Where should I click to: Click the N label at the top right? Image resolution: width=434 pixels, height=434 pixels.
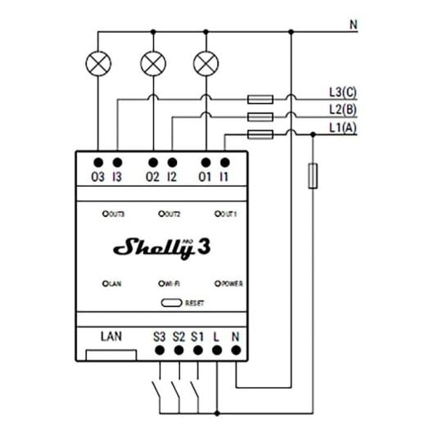pos(353,25)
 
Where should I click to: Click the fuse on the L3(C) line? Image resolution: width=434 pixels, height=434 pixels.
pos(260,100)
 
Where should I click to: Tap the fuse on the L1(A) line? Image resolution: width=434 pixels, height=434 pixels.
pos(260,134)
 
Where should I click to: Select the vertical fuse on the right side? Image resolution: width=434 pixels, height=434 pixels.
pos(312,176)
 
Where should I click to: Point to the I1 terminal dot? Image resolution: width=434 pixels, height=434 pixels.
pos(224,164)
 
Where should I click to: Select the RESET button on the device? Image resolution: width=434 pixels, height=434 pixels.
pos(171,301)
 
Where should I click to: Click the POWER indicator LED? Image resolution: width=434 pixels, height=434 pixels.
pos(217,283)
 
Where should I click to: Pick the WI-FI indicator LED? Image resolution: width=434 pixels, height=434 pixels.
pos(161,283)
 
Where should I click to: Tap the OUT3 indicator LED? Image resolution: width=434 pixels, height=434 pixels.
pos(105,214)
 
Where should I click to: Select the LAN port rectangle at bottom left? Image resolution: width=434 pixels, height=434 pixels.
pos(111,354)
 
